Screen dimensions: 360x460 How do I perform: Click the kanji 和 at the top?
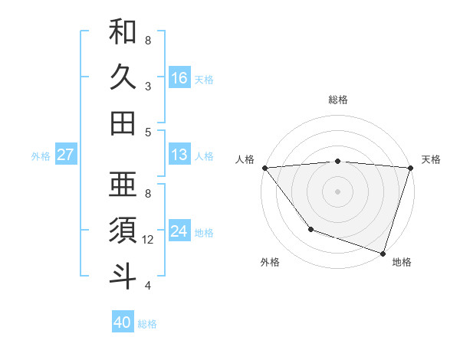point(123,32)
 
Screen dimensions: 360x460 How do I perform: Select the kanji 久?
point(123,77)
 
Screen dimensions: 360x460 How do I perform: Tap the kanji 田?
point(123,123)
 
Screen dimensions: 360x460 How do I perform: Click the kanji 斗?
point(123,276)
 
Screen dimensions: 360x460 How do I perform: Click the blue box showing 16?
point(179,77)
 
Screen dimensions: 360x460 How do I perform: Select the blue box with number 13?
point(179,155)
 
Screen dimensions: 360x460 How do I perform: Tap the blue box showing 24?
point(179,231)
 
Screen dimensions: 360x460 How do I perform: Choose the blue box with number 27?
point(65,155)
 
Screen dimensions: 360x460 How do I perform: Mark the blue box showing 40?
point(123,322)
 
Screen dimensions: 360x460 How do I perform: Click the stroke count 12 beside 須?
point(149,240)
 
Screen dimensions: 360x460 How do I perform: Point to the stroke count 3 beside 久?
point(148,87)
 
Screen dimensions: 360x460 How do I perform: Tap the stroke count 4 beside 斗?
point(148,286)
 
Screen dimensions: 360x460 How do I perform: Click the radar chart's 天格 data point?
point(411,168)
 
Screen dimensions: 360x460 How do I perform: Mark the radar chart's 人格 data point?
point(264,168)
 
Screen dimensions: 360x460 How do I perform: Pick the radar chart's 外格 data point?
point(310,229)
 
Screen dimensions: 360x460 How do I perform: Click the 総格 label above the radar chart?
point(338,100)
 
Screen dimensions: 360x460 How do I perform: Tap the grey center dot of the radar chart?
point(337,191)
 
